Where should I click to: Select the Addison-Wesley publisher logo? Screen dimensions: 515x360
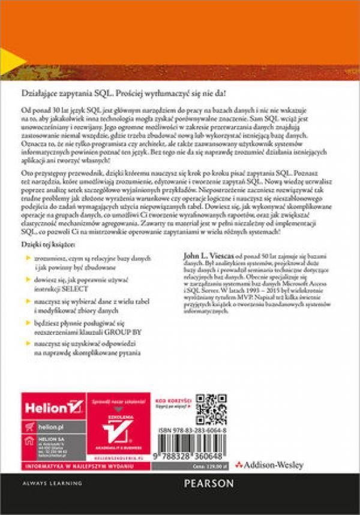coord(269,464)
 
